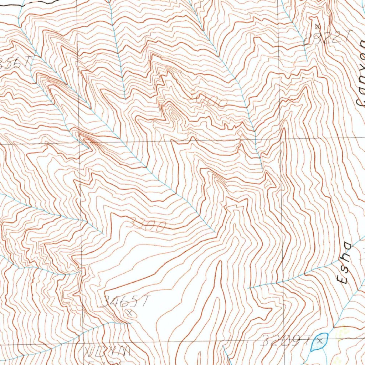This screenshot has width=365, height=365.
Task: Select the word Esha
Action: click(344, 263)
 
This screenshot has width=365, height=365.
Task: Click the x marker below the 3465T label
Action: click(130, 313)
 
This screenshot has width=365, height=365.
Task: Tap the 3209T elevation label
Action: click(286, 341)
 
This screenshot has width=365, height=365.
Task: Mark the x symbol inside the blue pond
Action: click(320, 341)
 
